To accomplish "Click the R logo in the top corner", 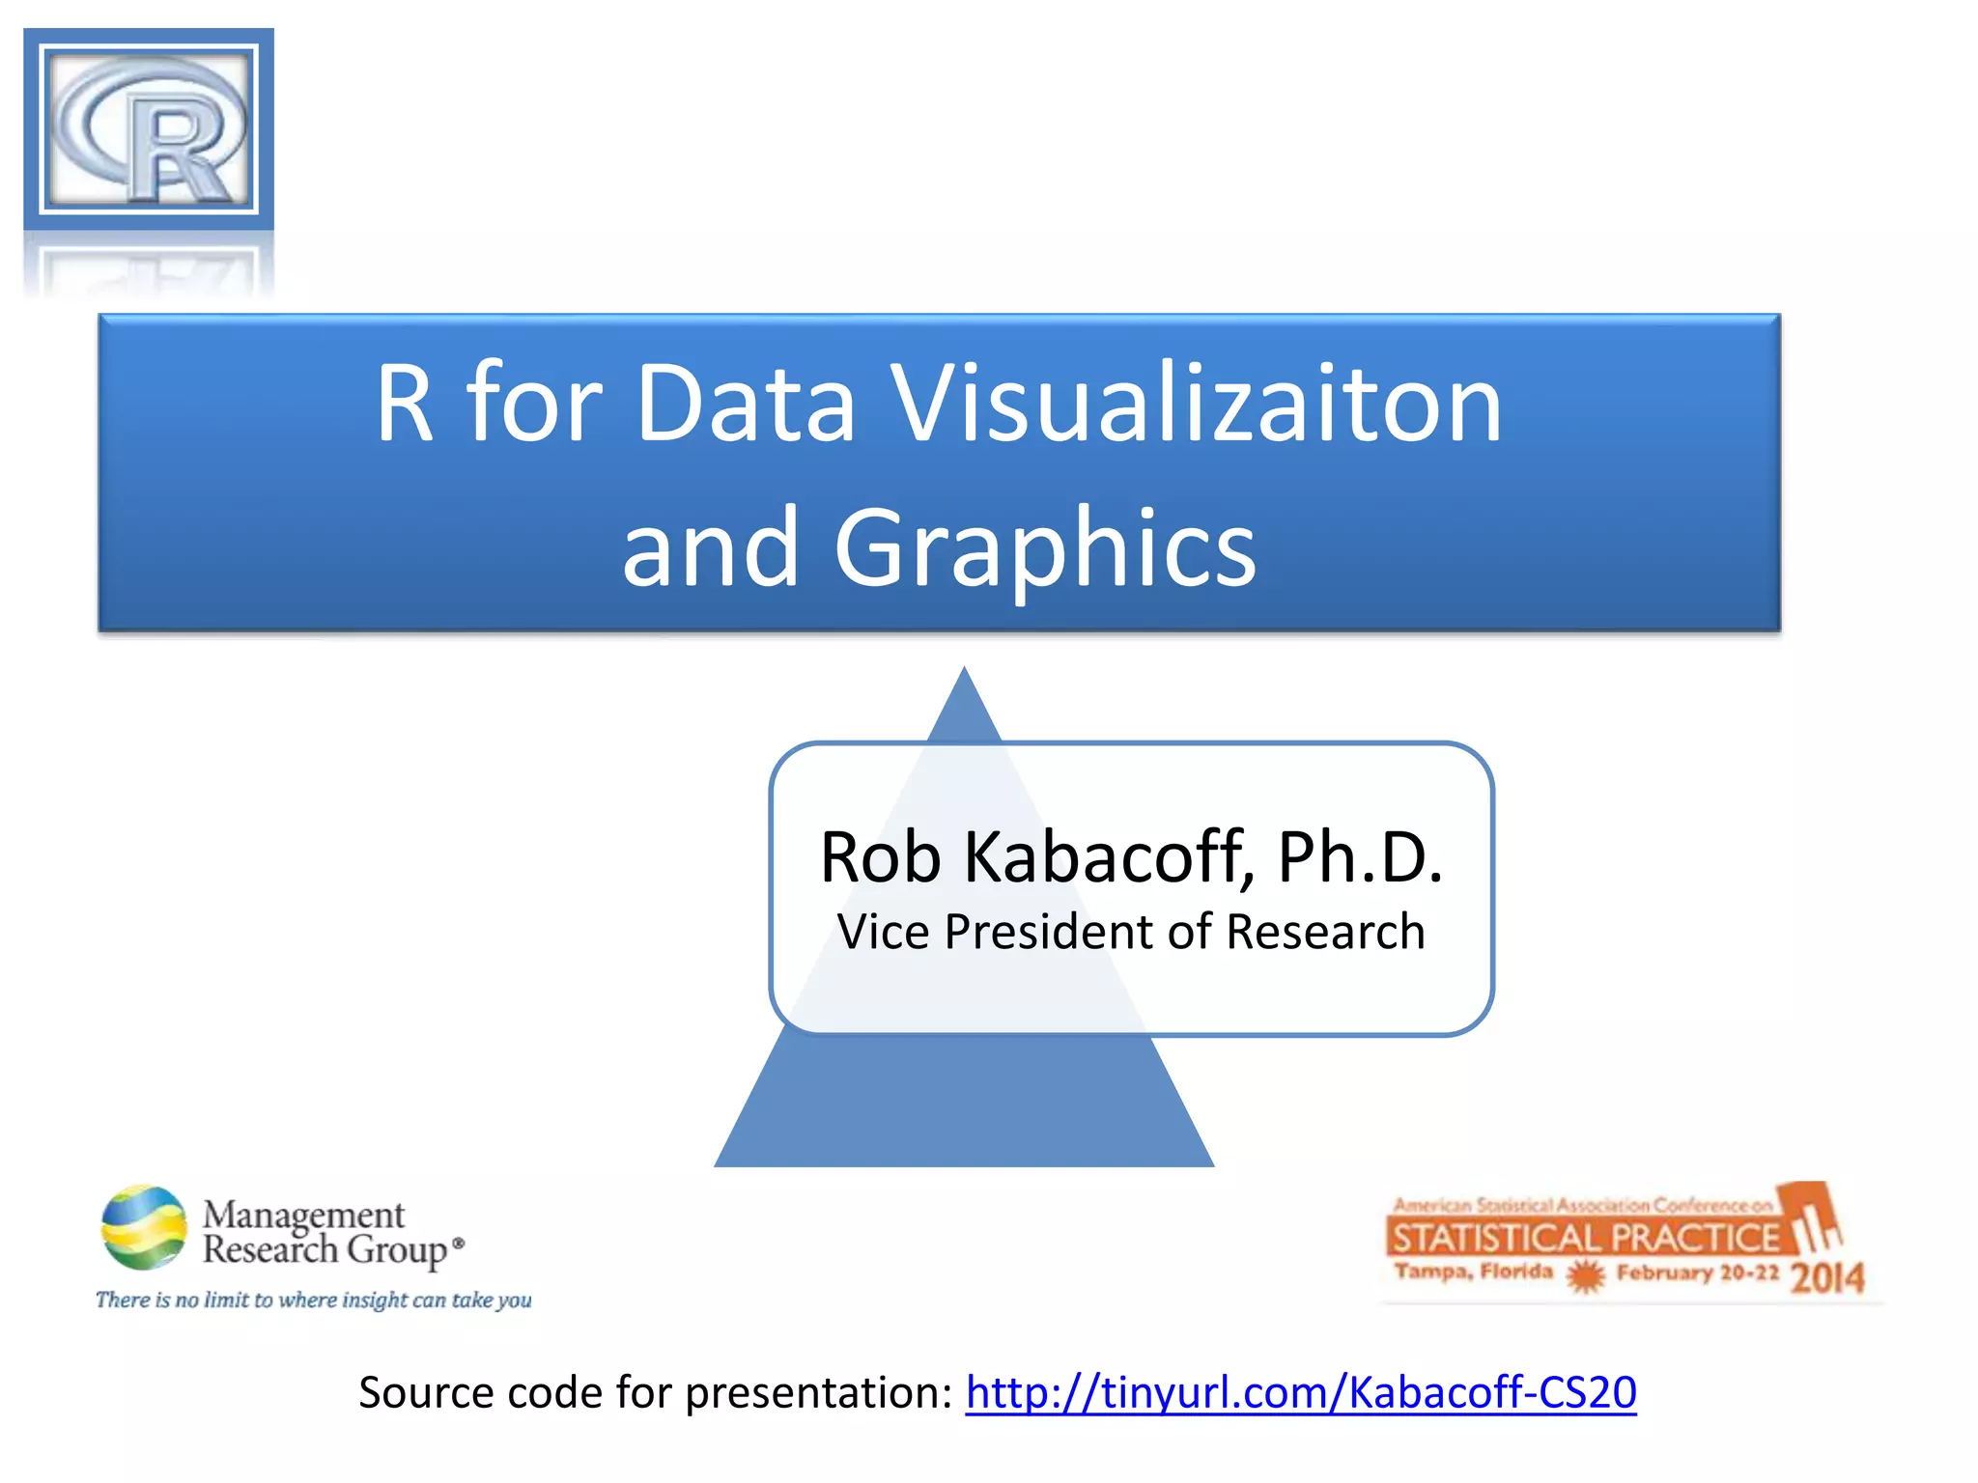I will tap(149, 129).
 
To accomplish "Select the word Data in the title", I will tap(746, 403).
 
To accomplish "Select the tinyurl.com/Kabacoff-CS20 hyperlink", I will tap(1300, 1392).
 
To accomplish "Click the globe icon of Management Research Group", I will tap(144, 1226).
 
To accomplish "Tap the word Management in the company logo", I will tap(303, 1214).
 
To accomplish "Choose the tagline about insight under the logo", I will tap(313, 1300).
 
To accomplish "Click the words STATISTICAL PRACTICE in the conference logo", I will tap(1585, 1238).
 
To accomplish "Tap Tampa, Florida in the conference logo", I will tap(1473, 1272).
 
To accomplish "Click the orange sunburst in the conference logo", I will tap(1585, 1276).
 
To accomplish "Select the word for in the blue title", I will tap(534, 403).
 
